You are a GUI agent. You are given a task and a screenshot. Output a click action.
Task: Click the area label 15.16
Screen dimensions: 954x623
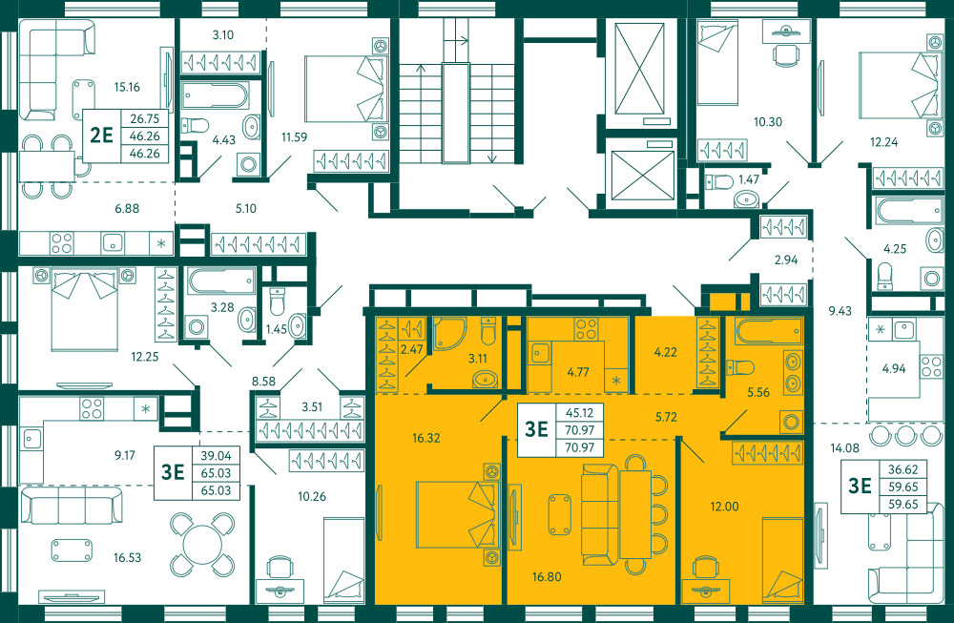pos(127,87)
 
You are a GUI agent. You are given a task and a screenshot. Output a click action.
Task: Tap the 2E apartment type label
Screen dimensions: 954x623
pos(102,135)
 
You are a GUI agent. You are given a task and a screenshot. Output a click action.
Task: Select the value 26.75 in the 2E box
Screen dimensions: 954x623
pos(145,118)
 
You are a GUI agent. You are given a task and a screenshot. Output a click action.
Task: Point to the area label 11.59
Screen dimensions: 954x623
pos(294,136)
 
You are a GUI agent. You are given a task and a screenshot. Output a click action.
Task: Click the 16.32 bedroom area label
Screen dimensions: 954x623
pos(425,438)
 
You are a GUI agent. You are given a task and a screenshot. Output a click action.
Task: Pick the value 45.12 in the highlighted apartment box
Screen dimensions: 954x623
pos(579,412)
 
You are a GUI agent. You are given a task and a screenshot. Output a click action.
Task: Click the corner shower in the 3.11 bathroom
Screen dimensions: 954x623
pos(449,334)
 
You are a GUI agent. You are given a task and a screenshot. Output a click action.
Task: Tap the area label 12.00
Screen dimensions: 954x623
pos(724,507)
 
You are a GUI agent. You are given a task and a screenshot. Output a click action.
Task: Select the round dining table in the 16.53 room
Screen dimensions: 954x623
pos(202,545)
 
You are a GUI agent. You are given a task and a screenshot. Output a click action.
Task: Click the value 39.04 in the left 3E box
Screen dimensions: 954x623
pos(216,456)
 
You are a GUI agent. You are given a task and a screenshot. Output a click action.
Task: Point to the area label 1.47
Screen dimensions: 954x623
pos(748,179)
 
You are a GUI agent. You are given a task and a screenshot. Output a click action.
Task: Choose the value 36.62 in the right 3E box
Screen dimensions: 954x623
pos(902,469)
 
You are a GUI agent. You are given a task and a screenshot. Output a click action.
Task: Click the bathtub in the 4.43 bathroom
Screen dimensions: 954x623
pos(215,95)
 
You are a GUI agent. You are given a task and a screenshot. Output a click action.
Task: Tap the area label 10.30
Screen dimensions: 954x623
pos(768,122)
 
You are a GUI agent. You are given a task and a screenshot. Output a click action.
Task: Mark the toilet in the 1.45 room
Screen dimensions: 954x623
pos(277,301)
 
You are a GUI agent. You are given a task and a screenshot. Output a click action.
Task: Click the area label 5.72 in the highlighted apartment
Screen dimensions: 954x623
pos(666,417)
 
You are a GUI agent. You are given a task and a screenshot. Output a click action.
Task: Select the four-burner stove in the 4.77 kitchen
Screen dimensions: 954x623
pos(587,328)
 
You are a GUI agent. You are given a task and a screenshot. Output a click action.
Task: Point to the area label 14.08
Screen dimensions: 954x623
pos(844,448)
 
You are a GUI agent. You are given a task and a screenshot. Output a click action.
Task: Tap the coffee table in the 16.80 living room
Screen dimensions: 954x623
pos(560,514)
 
